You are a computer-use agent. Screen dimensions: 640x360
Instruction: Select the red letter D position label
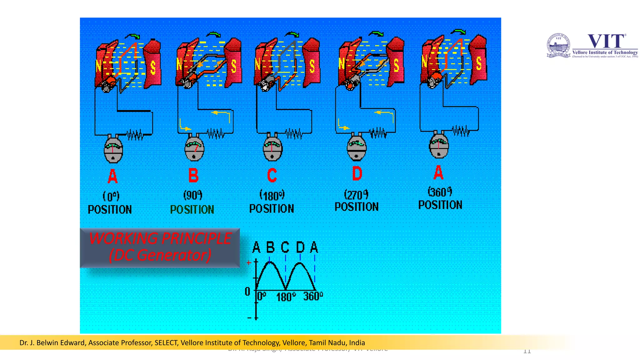[357, 173]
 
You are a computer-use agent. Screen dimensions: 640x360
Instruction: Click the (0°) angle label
[111, 196]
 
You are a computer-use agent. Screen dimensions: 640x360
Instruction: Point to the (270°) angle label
[356, 195]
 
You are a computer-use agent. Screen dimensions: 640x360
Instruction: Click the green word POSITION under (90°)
[192, 210]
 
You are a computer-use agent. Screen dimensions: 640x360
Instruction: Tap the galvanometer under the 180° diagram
[272, 148]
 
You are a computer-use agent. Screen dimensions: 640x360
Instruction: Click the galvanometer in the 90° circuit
[194, 148]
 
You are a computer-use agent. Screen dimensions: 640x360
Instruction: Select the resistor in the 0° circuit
[135, 135]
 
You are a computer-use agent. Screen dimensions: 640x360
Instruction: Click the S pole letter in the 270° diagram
[396, 65]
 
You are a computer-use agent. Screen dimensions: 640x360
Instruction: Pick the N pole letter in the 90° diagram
[179, 64]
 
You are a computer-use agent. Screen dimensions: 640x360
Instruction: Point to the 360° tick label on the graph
[313, 296]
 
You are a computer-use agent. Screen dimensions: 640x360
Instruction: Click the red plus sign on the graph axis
[249, 263]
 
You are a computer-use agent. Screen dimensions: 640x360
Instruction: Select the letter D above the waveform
[300, 247]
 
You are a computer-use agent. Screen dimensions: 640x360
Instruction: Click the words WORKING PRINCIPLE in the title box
[160, 238]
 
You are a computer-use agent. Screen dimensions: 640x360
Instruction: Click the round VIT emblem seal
[558, 45]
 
